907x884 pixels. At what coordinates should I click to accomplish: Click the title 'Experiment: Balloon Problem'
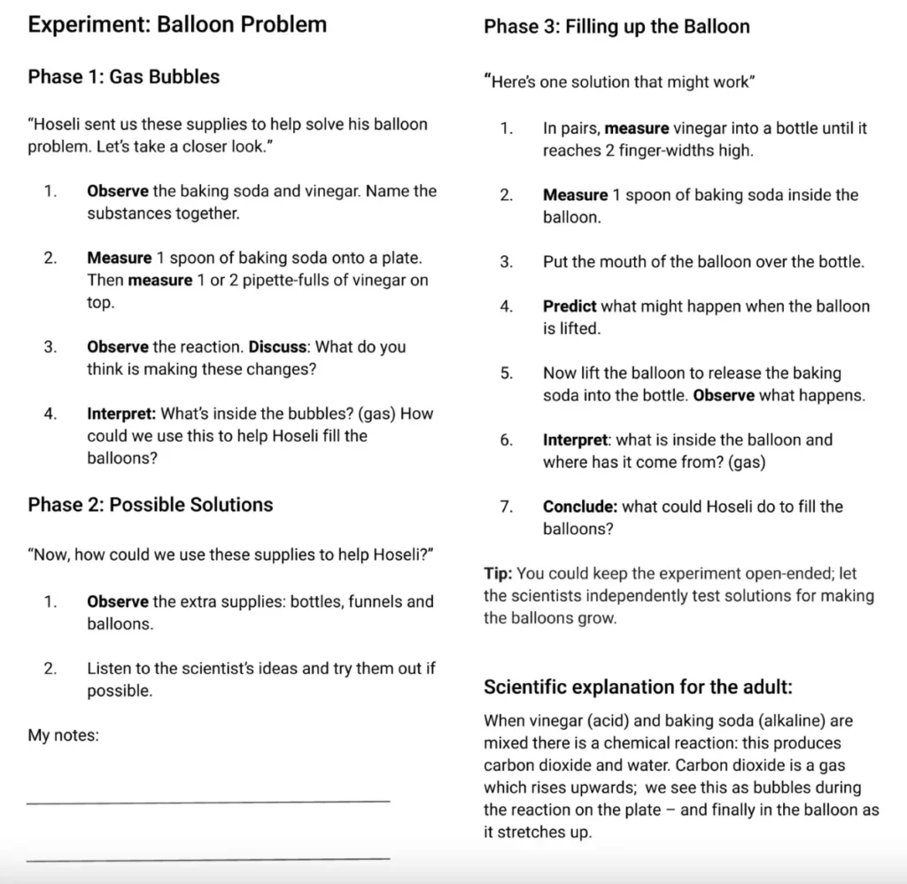coord(177,25)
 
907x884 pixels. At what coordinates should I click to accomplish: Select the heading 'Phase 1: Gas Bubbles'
coord(123,77)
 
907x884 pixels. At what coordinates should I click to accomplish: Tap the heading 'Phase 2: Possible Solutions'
coord(151,505)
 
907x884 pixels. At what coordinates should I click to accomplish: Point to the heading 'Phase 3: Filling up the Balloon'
coord(616,27)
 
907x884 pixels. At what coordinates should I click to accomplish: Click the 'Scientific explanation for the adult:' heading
coord(638,686)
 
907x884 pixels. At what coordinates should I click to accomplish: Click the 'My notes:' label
coord(63,735)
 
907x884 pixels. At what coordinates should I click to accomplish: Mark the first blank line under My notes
coord(208,801)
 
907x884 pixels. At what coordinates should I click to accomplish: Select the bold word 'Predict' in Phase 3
coord(570,306)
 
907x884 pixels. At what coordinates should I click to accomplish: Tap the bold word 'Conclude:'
coord(580,507)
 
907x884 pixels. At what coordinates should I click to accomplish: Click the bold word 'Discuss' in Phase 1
coord(280,347)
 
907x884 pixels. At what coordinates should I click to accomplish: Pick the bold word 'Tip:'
coord(498,574)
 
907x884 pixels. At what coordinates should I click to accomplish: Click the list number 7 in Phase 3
coord(506,507)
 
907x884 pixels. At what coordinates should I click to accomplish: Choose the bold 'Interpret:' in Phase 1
coord(121,414)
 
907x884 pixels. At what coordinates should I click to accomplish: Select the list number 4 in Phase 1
coord(50,414)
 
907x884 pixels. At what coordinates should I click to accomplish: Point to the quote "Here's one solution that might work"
coord(619,82)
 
